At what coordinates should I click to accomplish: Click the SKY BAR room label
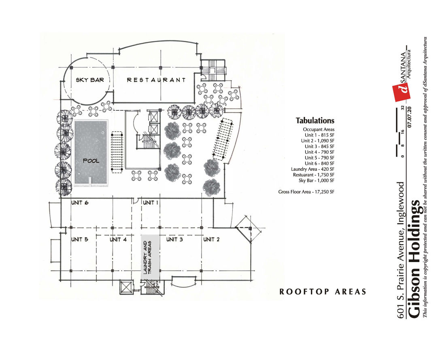[x=89, y=80]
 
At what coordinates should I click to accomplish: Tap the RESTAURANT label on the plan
[x=156, y=80]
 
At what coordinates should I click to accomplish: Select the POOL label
[x=91, y=161]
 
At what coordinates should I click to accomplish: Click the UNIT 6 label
[x=80, y=203]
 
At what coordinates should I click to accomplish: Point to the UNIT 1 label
[x=151, y=203]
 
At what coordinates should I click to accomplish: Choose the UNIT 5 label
[x=80, y=239]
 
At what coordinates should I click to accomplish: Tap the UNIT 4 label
[x=118, y=239]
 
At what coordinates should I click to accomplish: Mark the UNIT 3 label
[x=174, y=239]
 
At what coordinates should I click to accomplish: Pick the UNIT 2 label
[x=211, y=239]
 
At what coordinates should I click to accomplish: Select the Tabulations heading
[x=315, y=121]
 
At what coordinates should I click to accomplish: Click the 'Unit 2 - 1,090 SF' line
[x=317, y=141]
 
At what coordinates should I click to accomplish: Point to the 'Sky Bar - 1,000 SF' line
[x=317, y=180]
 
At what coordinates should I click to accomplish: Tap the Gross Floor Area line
[x=306, y=192]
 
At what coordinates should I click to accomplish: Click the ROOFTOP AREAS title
[x=323, y=292]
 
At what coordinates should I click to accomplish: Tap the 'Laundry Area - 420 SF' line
[x=312, y=169]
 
